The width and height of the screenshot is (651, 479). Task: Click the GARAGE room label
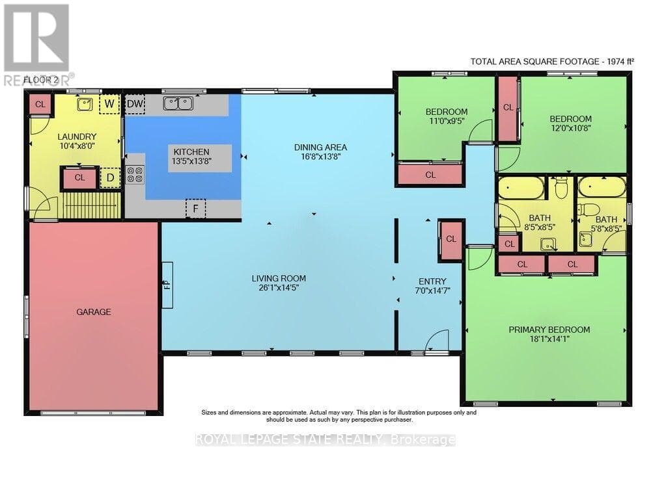[x=93, y=311]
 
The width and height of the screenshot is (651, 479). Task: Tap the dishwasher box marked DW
[x=135, y=103]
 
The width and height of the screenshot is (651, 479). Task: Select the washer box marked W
[x=109, y=103]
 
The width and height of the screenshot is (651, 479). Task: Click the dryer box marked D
[x=110, y=178]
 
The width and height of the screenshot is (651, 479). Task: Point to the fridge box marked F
[x=195, y=209]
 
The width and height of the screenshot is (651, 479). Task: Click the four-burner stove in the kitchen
[x=135, y=174]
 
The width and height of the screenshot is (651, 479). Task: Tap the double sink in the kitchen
[x=178, y=103]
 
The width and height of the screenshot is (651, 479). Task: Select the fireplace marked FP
[x=167, y=285]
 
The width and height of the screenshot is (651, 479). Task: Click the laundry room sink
[x=85, y=104]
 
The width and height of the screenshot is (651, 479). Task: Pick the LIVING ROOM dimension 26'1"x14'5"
[x=279, y=287]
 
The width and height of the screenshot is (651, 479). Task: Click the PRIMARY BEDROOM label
[x=549, y=330]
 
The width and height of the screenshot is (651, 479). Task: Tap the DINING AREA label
[x=320, y=147]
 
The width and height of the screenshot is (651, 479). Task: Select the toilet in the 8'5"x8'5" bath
[x=561, y=188]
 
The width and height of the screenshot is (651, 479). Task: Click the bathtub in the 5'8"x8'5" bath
[x=602, y=187]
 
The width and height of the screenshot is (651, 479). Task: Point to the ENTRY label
[x=432, y=281]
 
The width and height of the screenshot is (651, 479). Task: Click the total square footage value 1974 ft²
[x=620, y=61]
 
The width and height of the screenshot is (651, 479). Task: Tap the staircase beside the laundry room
[x=91, y=204]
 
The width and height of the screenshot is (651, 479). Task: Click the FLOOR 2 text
[x=40, y=80]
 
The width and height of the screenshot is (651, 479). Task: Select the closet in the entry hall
[x=451, y=239]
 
